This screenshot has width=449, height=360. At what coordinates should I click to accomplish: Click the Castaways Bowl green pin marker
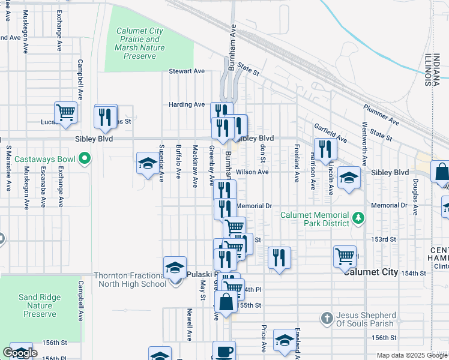click(85, 159)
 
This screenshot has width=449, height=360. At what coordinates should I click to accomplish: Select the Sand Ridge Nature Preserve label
click(40, 305)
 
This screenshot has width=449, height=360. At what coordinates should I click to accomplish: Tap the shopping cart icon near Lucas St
click(65, 112)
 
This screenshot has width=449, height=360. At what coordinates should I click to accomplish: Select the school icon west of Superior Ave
click(148, 163)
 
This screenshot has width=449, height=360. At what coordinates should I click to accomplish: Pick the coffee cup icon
click(224, 351)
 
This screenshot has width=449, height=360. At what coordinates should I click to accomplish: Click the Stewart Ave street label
click(187, 71)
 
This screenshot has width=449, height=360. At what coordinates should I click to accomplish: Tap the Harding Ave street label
click(187, 104)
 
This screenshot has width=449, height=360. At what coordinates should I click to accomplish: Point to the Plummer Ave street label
click(381, 114)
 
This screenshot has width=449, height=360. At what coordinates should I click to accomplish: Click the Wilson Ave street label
click(252, 172)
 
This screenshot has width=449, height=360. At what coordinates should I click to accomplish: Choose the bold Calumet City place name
click(370, 272)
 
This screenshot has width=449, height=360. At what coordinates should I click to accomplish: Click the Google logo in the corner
click(20, 353)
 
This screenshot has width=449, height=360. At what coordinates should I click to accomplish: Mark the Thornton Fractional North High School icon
click(175, 268)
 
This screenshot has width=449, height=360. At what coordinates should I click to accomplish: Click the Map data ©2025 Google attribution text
click(412, 355)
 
